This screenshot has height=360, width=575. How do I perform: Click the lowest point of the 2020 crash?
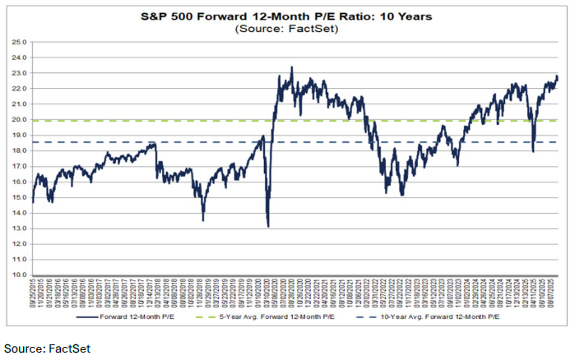click(x=268, y=226)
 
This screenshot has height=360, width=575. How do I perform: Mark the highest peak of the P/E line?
click(x=291, y=67)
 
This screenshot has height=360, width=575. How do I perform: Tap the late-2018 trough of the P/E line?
click(x=202, y=219)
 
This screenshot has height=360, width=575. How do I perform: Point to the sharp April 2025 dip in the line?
click(x=533, y=151)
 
